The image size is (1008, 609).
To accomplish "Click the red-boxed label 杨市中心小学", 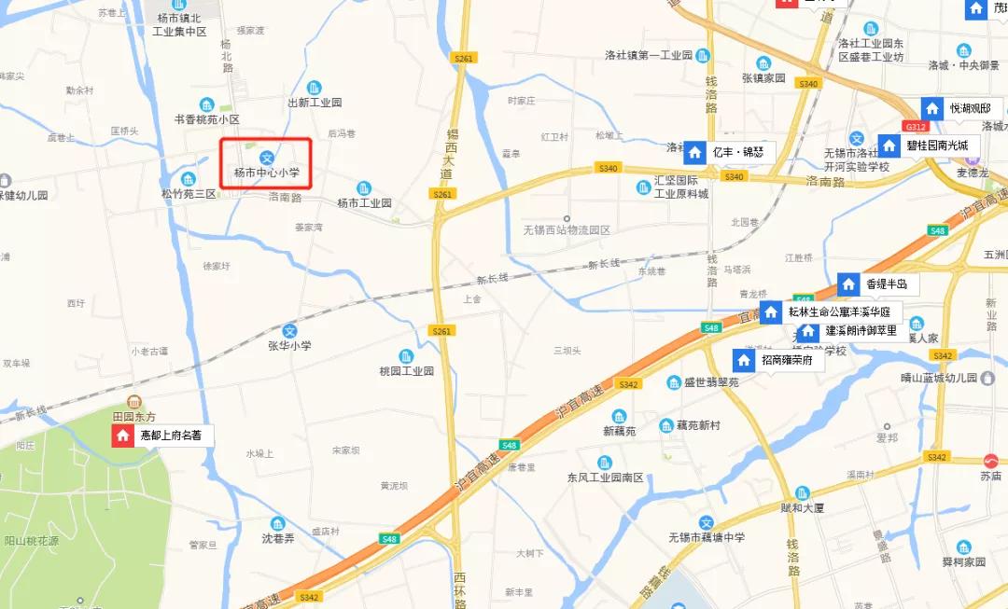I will coord(266,173).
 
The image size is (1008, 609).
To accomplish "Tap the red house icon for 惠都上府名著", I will coord(122,436).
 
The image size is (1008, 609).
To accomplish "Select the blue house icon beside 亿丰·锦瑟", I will coord(694,151).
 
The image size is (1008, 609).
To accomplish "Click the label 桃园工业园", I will coord(406,370).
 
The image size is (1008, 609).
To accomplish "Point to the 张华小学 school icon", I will coord(289,330).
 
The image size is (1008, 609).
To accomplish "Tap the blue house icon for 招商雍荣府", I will coord(744,360).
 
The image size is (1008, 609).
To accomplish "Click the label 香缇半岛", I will coord(892,284).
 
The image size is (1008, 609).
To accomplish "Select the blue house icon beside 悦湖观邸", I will coord(932,108).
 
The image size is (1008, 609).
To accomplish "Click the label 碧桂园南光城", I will coord(937,145).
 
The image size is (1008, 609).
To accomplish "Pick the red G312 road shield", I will coord(916,127).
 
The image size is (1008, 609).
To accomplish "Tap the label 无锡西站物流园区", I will coord(567,229).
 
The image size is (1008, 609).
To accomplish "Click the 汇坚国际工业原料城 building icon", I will coord(644,187).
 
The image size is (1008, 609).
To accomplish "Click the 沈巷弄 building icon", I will coord(277,523).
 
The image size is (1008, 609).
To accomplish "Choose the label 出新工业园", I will coord(315,103).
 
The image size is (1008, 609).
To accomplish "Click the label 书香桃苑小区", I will coord(207,119).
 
